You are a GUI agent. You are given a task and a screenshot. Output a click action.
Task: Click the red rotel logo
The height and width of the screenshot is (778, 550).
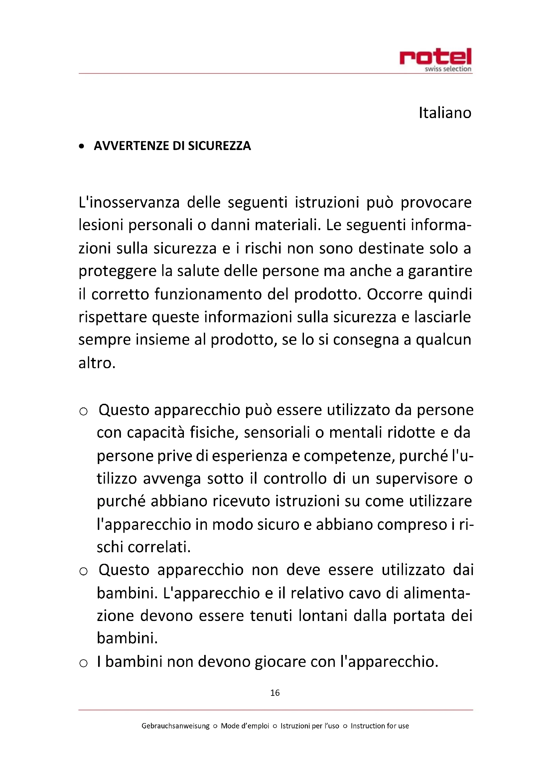click(435, 57)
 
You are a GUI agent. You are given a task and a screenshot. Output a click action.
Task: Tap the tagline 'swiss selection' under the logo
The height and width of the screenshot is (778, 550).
click(448, 69)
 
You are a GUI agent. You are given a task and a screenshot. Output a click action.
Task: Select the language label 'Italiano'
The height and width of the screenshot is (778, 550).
click(445, 113)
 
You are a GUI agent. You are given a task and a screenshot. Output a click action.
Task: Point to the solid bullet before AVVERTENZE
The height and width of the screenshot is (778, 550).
click(81, 146)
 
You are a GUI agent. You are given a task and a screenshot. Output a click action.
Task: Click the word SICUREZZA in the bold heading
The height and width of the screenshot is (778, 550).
click(219, 146)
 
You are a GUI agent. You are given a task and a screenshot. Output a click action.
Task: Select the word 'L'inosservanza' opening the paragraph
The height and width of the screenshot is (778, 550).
click(129, 203)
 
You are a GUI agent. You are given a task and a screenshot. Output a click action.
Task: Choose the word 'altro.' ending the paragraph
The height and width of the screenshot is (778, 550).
click(97, 363)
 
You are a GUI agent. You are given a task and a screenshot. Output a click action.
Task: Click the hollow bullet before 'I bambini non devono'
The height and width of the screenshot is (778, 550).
click(83, 663)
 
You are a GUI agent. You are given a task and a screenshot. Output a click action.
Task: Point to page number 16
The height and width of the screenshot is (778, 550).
click(275, 693)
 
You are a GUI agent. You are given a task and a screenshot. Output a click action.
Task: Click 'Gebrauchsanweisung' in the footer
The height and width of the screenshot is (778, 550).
click(176, 726)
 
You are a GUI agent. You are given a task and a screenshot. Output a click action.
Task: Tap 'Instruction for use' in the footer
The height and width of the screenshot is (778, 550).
click(380, 726)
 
